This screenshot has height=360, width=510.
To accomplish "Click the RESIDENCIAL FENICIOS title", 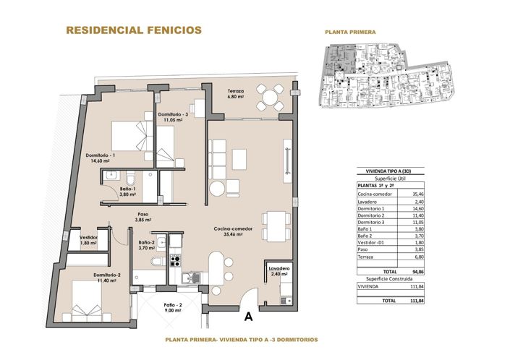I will coord(134,30).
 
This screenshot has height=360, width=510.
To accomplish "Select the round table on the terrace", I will coord(273,97).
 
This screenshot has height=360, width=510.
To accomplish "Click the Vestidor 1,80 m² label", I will coord(88,240).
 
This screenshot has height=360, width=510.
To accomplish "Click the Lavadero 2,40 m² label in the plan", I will coord(280,271).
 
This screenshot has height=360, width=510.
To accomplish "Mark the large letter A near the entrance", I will coord(249,315).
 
